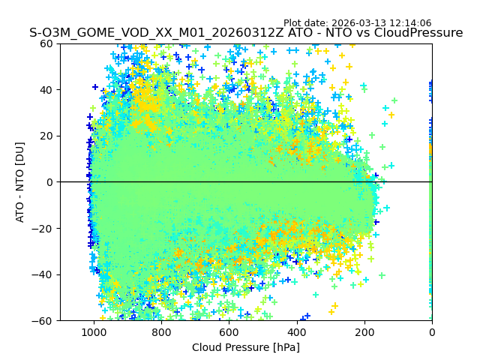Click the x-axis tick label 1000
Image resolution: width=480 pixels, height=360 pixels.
[94, 332]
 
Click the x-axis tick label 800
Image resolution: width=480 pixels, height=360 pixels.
[161, 332]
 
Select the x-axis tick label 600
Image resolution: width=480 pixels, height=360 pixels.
[229, 332]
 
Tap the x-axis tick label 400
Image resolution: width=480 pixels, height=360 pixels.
[297, 332]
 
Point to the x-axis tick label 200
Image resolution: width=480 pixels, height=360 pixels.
[364, 332]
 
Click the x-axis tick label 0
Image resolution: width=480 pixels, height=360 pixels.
[432, 332]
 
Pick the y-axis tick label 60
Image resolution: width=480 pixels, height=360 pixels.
[45, 43]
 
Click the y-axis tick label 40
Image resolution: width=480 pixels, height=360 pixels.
[45, 90]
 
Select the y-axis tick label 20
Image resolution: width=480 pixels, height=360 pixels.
[45, 136]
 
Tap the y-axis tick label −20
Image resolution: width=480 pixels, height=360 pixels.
[42, 229]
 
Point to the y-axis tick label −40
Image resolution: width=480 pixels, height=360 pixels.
[42, 274]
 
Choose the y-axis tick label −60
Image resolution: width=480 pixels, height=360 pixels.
[42, 321]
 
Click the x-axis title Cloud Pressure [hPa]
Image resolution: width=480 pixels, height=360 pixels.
[246, 347]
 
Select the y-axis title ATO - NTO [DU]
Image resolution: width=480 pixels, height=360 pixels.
[20, 182]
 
